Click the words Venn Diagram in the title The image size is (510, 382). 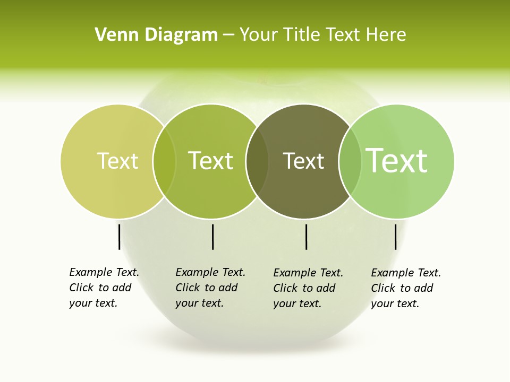156,35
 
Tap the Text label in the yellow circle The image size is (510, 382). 117,161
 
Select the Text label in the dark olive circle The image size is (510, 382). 303,161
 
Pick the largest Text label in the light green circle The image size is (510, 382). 396,160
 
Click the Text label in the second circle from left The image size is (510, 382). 210,161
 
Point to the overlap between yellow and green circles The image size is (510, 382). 164,161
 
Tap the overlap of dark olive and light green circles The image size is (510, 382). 350,161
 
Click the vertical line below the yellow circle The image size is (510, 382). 119,237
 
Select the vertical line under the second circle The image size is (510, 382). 212,237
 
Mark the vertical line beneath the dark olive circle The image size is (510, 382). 306,237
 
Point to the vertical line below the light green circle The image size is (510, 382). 395,237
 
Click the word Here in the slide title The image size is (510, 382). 387,35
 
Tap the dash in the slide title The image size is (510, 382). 228,36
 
